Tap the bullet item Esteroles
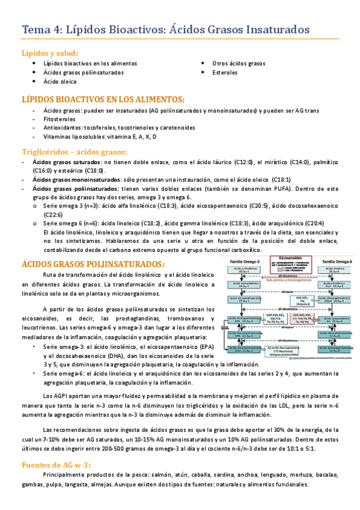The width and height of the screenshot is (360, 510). [x=224, y=73]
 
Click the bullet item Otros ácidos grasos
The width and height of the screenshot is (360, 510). [x=238, y=63]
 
